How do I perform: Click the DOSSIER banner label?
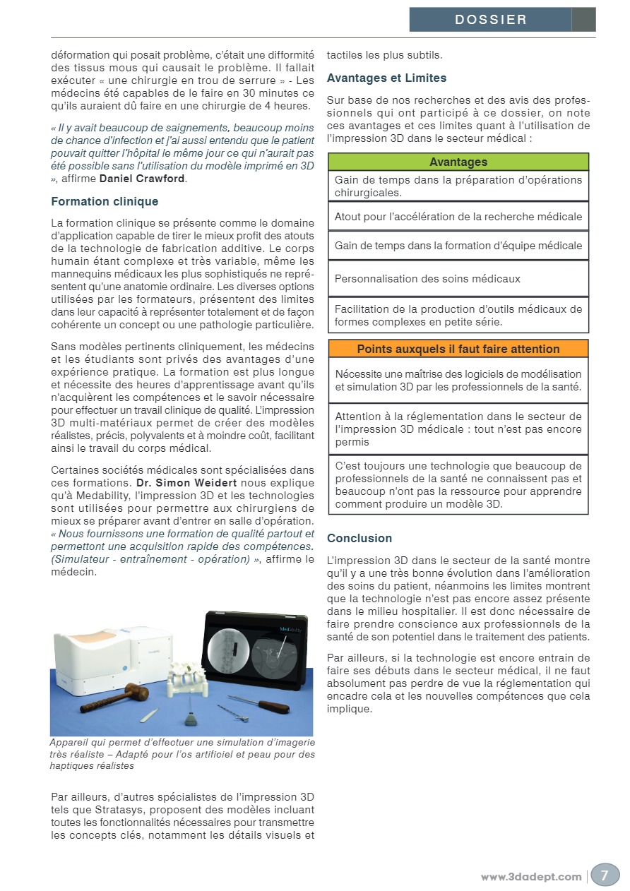pyautogui.click(x=491, y=20)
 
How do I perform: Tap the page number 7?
pyautogui.click(x=605, y=875)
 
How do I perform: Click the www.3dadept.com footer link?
pyautogui.click(x=531, y=877)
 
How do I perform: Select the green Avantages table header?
pyautogui.click(x=458, y=162)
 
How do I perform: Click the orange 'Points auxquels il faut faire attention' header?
pyautogui.click(x=458, y=349)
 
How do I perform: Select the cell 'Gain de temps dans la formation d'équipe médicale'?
pyautogui.click(x=458, y=246)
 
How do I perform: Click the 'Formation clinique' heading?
pyautogui.click(x=105, y=202)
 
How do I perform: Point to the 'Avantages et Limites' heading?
pyautogui.click(x=386, y=78)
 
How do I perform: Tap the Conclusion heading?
pyautogui.click(x=359, y=538)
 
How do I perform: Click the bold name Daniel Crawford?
pyautogui.click(x=142, y=179)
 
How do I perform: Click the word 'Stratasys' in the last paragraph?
pyautogui.click(x=114, y=810)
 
